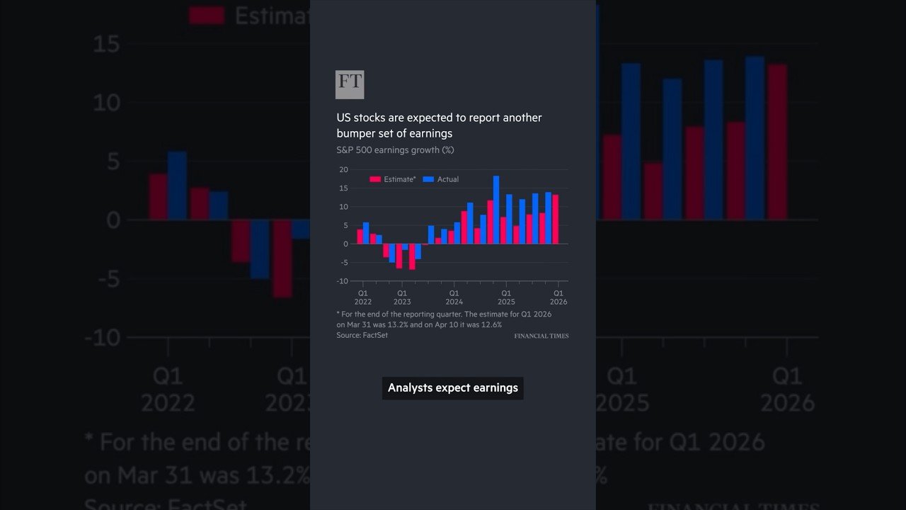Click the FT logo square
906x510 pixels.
[350, 84]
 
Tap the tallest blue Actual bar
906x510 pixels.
[496, 210]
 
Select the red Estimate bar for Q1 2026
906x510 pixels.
[556, 219]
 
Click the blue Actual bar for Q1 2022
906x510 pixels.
[366, 233]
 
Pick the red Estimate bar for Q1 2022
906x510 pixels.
[360, 237]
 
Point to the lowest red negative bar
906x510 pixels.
[412, 256]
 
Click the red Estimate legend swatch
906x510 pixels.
[375, 179]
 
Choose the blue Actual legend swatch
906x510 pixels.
[428, 179]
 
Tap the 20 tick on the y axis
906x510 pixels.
[344, 169]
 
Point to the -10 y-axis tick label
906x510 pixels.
[343, 281]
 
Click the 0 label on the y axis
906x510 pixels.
[345, 244]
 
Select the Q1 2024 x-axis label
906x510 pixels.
[454, 297]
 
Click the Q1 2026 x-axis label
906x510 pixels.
[558, 297]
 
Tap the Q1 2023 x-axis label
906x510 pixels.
[401, 297]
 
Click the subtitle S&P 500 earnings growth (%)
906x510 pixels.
[395, 150]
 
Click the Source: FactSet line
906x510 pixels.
[362, 335]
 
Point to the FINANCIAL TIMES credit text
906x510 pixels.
[541, 336]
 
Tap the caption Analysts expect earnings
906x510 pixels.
[453, 387]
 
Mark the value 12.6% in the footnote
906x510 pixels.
[491, 324]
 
